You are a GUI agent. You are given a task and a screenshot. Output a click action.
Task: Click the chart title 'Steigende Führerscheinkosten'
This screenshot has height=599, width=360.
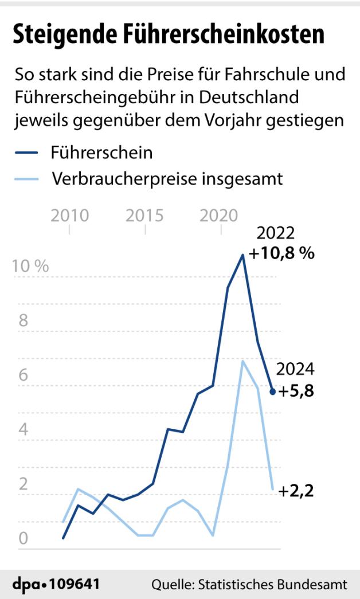pos(169,34)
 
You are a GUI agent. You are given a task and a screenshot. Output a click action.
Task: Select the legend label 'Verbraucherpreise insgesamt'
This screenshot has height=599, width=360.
pos(167,179)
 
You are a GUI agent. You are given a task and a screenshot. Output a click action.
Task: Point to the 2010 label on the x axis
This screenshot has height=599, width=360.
pos(70,216)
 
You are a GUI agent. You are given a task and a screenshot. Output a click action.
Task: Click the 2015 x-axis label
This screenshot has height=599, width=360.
pos(145,216)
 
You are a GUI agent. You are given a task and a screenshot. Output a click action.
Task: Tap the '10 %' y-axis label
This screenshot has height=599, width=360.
pos(30,267)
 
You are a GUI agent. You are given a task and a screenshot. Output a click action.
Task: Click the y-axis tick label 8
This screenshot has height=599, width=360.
pos(24,320)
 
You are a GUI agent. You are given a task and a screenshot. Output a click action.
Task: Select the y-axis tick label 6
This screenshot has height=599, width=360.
pos(24,375)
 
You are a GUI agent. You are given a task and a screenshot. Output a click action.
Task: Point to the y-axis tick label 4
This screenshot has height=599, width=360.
pos(24,429)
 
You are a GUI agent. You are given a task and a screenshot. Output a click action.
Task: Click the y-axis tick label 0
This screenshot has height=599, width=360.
pos(24,539)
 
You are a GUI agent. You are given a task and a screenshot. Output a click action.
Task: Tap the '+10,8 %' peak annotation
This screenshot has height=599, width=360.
pos(281,253)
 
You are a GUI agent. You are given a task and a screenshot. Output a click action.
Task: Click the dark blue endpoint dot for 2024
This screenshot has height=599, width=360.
pos(273,392)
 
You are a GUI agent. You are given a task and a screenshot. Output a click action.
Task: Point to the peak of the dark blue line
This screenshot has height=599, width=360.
pos(242,255)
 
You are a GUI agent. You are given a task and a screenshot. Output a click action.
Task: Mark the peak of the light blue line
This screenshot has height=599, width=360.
pos(242,361)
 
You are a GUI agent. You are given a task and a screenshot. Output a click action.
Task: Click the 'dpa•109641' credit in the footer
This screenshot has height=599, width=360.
pos(56,585)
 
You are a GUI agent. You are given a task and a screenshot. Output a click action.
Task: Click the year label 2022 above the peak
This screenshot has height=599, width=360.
pos(276,233)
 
